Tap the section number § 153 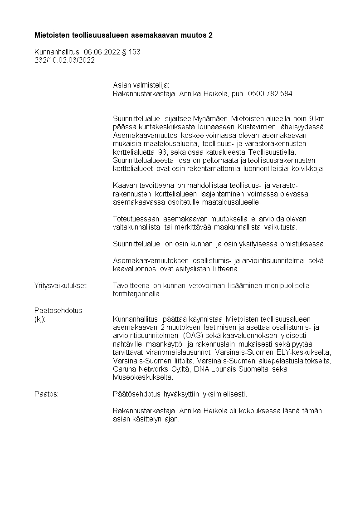[131, 52]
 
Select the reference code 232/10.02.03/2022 [64, 60]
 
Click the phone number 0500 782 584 [270, 94]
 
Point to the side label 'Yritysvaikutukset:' [61, 285]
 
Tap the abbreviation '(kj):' [40, 319]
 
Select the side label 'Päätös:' [47, 394]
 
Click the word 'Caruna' [124, 369]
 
